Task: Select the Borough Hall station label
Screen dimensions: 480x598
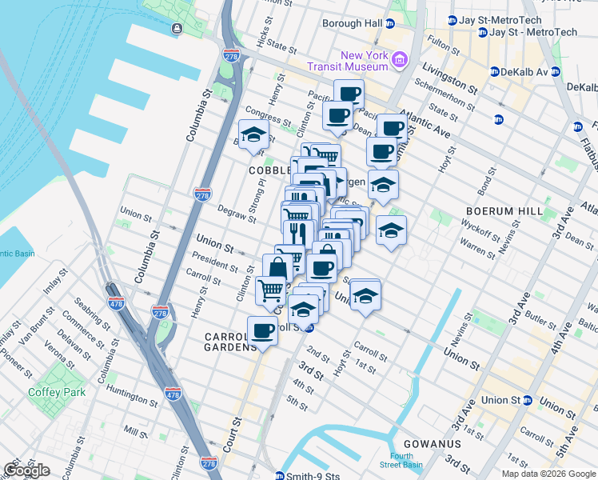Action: [352, 23]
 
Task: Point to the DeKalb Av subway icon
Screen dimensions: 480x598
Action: [495, 72]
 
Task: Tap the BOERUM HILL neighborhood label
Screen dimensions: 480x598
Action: [504, 212]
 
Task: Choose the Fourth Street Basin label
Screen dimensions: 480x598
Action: [393, 461]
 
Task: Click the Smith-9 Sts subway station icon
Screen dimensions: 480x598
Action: [279, 476]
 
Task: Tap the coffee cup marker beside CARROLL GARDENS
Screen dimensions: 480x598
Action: [262, 330]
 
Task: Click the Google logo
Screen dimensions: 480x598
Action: [26, 470]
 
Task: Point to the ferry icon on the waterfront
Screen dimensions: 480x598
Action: [176, 30]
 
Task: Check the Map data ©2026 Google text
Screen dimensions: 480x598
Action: [548, 474]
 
